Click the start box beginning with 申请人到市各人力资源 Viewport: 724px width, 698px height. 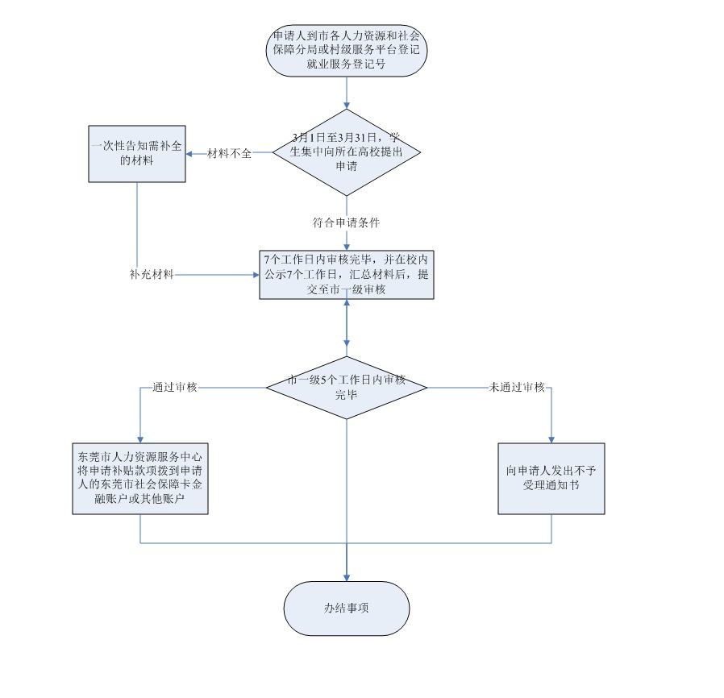(x=347, y=50)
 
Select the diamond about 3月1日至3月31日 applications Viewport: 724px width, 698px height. (x=347, y=152)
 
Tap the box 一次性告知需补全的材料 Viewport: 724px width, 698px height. (x=136, y=153)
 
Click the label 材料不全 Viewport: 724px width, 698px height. (x=230, y=153)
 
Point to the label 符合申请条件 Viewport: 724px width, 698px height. (x=347, y=222)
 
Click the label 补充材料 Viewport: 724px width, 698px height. (x=152, y=274)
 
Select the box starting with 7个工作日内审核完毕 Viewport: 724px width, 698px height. (x=347, y=274)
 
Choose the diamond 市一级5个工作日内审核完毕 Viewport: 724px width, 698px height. (x=347, y=388)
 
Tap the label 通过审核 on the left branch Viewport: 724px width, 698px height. (x=175, y=387)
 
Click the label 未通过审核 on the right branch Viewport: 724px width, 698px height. (x=518, y=387)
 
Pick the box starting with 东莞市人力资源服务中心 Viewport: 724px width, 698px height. (x=140, y=478)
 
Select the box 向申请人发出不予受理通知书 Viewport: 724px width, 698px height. (x=551, y=478)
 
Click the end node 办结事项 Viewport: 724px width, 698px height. (x=347, y=609)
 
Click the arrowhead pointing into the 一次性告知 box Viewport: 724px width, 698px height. (x=190, y=153)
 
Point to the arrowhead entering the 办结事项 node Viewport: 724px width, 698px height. (x=347, y=577)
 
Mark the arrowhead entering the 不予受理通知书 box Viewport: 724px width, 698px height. (x=551, y=438)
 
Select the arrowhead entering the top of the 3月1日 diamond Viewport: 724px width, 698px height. (x=347, y=106)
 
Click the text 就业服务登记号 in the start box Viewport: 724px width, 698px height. (x=347, y=64)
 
